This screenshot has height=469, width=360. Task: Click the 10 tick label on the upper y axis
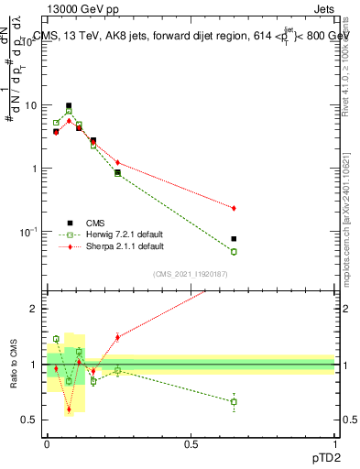[30, 105]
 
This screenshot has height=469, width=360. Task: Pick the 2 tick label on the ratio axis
[34, 309]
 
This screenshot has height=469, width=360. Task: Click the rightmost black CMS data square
[234, 239]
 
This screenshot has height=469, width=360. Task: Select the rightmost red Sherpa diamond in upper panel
[234, 209]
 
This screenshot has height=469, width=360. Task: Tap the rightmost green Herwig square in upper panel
[234, 252]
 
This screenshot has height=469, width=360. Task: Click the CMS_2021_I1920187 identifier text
[191, 273]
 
